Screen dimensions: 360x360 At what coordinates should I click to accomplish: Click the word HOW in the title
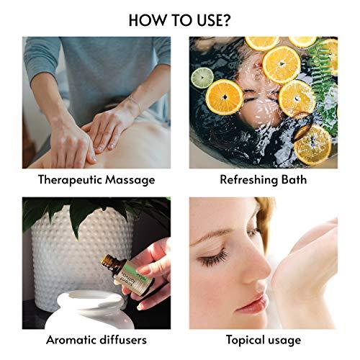[144, 19]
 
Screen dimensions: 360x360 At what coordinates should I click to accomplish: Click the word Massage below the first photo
[129, 179]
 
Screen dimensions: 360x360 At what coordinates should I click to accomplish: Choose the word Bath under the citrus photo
[292, 179]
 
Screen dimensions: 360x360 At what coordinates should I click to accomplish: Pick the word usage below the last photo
[286, 339]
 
